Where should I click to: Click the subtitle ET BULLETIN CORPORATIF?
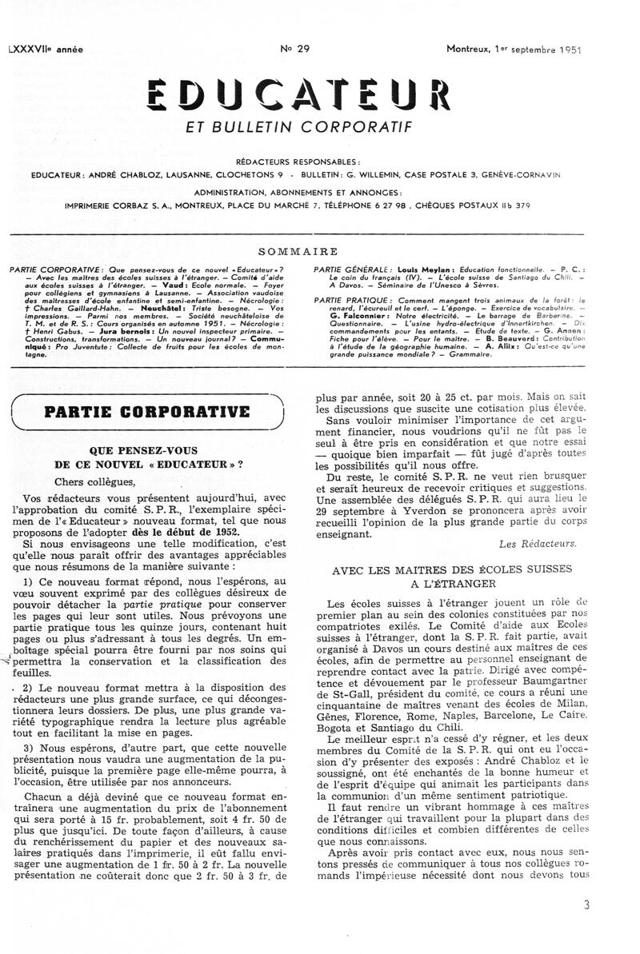tap(298, 126)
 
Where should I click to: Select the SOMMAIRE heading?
tap(298, 251)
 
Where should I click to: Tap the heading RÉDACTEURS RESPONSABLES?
tap(298, 162)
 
